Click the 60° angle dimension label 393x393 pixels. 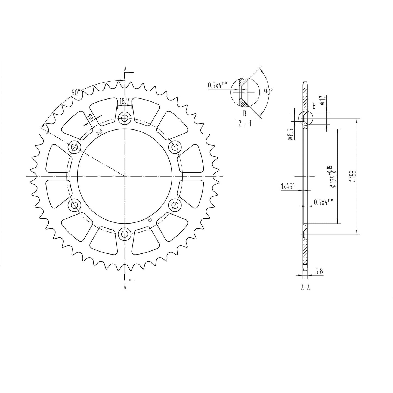[76, 92]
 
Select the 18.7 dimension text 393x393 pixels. [124, 101]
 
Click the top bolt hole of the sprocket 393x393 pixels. [125, 118]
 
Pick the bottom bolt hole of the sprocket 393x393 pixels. [125, 233]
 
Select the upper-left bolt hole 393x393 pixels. [75, 147]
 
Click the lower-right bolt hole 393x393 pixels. [175, 205]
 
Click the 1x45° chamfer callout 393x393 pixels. [288, 186]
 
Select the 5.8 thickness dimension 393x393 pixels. [319, 271]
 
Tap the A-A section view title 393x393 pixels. [305, 287]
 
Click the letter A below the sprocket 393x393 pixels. [125, 287]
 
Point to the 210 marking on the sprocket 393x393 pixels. [99, 132]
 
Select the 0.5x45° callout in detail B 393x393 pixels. [217, 85]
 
